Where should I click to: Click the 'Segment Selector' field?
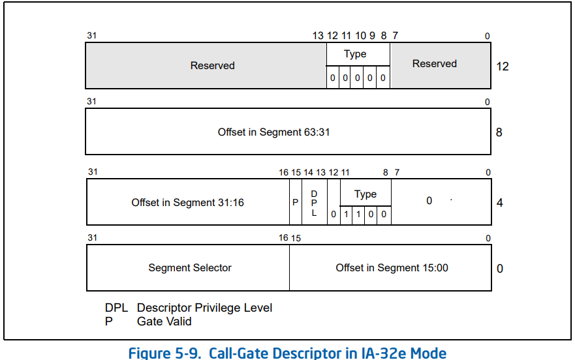coord(188,267)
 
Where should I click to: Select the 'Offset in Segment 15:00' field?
coord(390,267)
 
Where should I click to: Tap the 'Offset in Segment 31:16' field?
coord(188,202)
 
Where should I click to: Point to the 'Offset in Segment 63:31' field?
coord(288,132)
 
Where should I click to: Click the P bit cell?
coord(296,202)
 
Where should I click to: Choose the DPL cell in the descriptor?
coord(315,202)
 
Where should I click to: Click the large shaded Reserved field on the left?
coord(206,66)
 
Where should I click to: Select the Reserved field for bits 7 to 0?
coord(441,66)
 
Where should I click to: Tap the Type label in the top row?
coord(355,54)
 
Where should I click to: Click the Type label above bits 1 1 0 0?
coord(365,194)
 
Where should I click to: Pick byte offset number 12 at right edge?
coord(503,67)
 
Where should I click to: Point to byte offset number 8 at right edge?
coord(499,132)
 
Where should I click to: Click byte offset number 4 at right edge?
coord(499,203)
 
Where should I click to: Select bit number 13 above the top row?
coord(318,36)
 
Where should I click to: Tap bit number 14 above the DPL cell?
coord(309,172)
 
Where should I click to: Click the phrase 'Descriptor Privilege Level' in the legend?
coord(205,308)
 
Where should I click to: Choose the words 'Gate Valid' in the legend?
coord(164,322)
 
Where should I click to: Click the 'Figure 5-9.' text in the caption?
coord(164,353)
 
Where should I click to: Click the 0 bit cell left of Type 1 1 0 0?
coord(334,214)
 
